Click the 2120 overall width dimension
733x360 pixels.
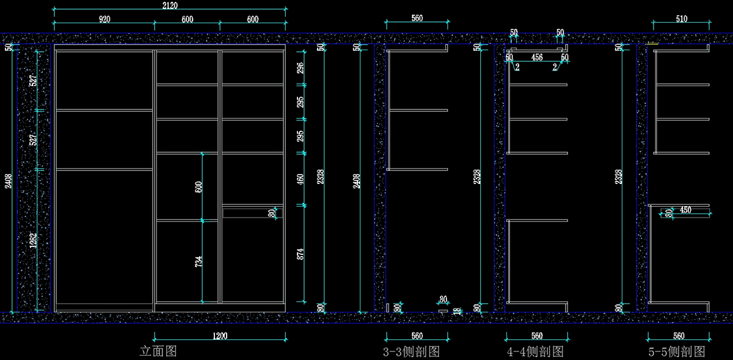170,6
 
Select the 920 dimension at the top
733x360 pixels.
104,20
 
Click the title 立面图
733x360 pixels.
158,351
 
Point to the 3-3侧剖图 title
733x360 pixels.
411,352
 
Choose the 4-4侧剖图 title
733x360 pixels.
535,352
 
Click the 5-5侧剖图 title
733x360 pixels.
677,352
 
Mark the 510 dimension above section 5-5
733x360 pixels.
681,19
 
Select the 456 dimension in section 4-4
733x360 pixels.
537,57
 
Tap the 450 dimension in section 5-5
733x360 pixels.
685,210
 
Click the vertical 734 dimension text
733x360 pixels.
199,262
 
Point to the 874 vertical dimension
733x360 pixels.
300,254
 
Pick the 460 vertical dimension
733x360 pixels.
300,180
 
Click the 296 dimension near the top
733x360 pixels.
300,68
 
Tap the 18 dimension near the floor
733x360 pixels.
456,311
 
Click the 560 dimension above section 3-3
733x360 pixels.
417,18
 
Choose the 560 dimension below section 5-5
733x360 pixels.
678,336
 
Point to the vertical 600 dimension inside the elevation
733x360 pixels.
199,186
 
